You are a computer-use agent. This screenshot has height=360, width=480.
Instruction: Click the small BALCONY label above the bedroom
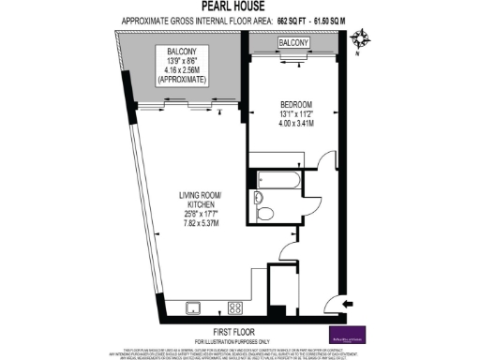point(293,44)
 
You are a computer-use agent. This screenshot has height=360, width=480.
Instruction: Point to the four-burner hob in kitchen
point(236,307)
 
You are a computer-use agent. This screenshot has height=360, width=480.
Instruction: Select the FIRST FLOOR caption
point(239,332)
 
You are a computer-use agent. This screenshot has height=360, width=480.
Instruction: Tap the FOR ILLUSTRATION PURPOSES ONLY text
point(239,340)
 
